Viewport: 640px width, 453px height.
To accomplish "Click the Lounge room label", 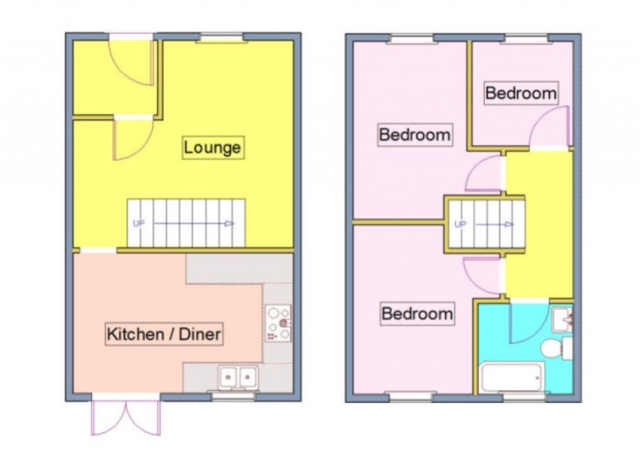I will [x=212, y=148].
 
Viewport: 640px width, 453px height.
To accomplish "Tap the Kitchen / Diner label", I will [x=164, y=334].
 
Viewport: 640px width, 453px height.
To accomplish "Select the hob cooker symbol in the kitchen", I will [x=278, y=322].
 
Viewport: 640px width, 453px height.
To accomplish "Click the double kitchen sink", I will [x=238, y=377].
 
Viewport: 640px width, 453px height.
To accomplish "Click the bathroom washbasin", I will [x=562, y=319].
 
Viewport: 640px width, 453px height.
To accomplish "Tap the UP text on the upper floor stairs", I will [x=460, y=224].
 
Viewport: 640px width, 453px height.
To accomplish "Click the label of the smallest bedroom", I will [x=521, y=93].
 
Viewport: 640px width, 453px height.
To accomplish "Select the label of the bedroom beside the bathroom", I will [x=417, y=313].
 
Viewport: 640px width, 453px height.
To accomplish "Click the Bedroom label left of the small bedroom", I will [x=415, y=134].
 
